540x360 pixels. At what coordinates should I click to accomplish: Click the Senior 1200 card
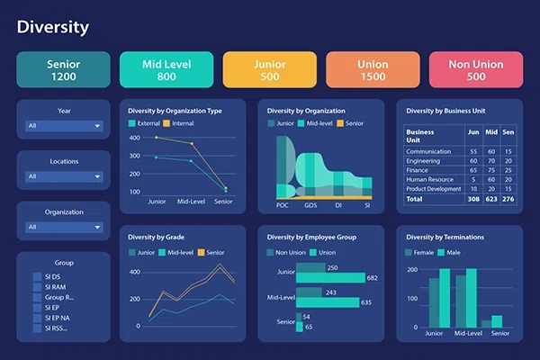[63, 69]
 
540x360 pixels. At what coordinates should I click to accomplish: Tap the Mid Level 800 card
[166, 69]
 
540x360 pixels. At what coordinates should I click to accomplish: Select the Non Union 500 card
[476, 69]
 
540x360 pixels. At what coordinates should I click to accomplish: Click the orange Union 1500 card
[373, 69]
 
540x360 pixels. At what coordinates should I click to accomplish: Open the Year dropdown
[63, 126]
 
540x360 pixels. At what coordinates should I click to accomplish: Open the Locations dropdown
[63, 176]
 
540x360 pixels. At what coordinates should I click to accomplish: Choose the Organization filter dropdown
[63, 227]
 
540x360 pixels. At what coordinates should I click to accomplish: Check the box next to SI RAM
[37, 286]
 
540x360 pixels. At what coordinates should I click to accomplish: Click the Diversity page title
[53, 27]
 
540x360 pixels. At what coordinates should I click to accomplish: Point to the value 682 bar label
[372, 278]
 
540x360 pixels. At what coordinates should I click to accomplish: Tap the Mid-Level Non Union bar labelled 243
[310, 292]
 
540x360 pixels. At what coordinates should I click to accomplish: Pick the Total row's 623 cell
[491, 198]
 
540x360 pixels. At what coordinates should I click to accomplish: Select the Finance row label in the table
[418, 169]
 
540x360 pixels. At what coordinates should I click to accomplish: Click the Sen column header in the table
[508, 131]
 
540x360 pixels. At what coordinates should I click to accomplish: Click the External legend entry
[148, 122]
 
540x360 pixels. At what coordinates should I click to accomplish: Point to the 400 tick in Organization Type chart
[135, 138]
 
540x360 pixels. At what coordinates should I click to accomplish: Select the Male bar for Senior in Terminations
[497, 320]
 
